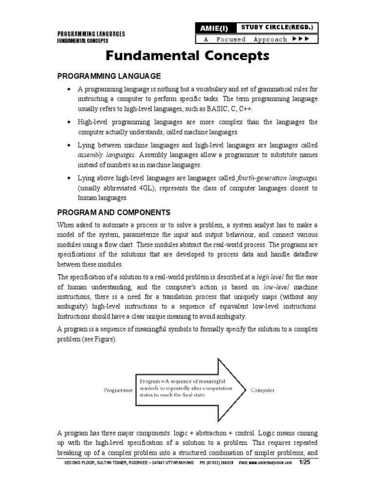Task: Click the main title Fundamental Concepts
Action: [x=187, y=57]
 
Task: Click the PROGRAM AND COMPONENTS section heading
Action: [x=114, y=212]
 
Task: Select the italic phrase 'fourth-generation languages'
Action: [x=276, y=178]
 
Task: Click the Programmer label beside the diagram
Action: [x=117, y=390]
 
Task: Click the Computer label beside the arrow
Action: [x=263, y=390]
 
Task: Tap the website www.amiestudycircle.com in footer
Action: [x=271, y=462]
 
